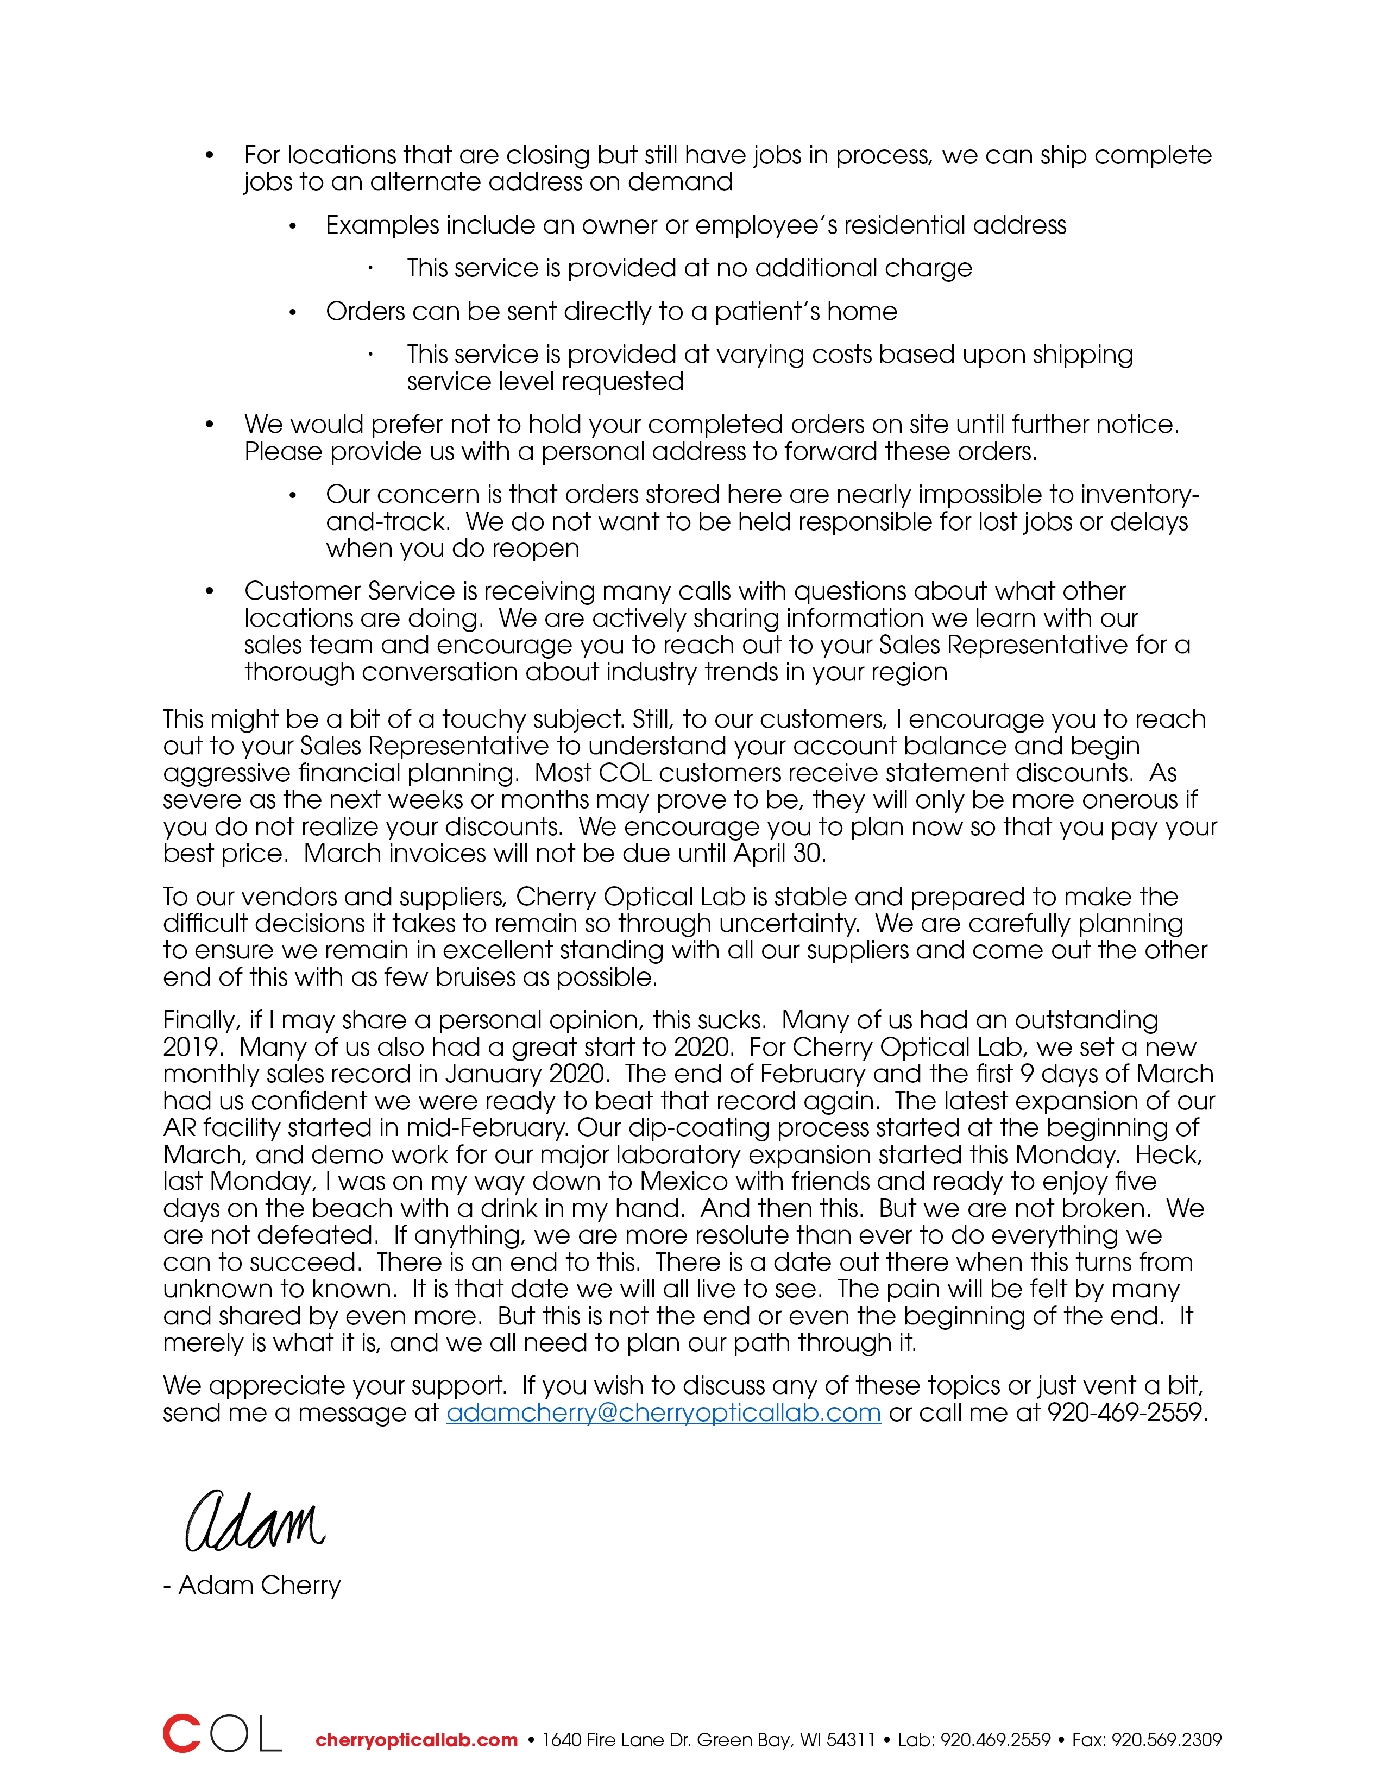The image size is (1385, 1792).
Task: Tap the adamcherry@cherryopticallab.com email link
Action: point(663,1413)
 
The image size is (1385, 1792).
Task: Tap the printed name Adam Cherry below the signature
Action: point(259,1585)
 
